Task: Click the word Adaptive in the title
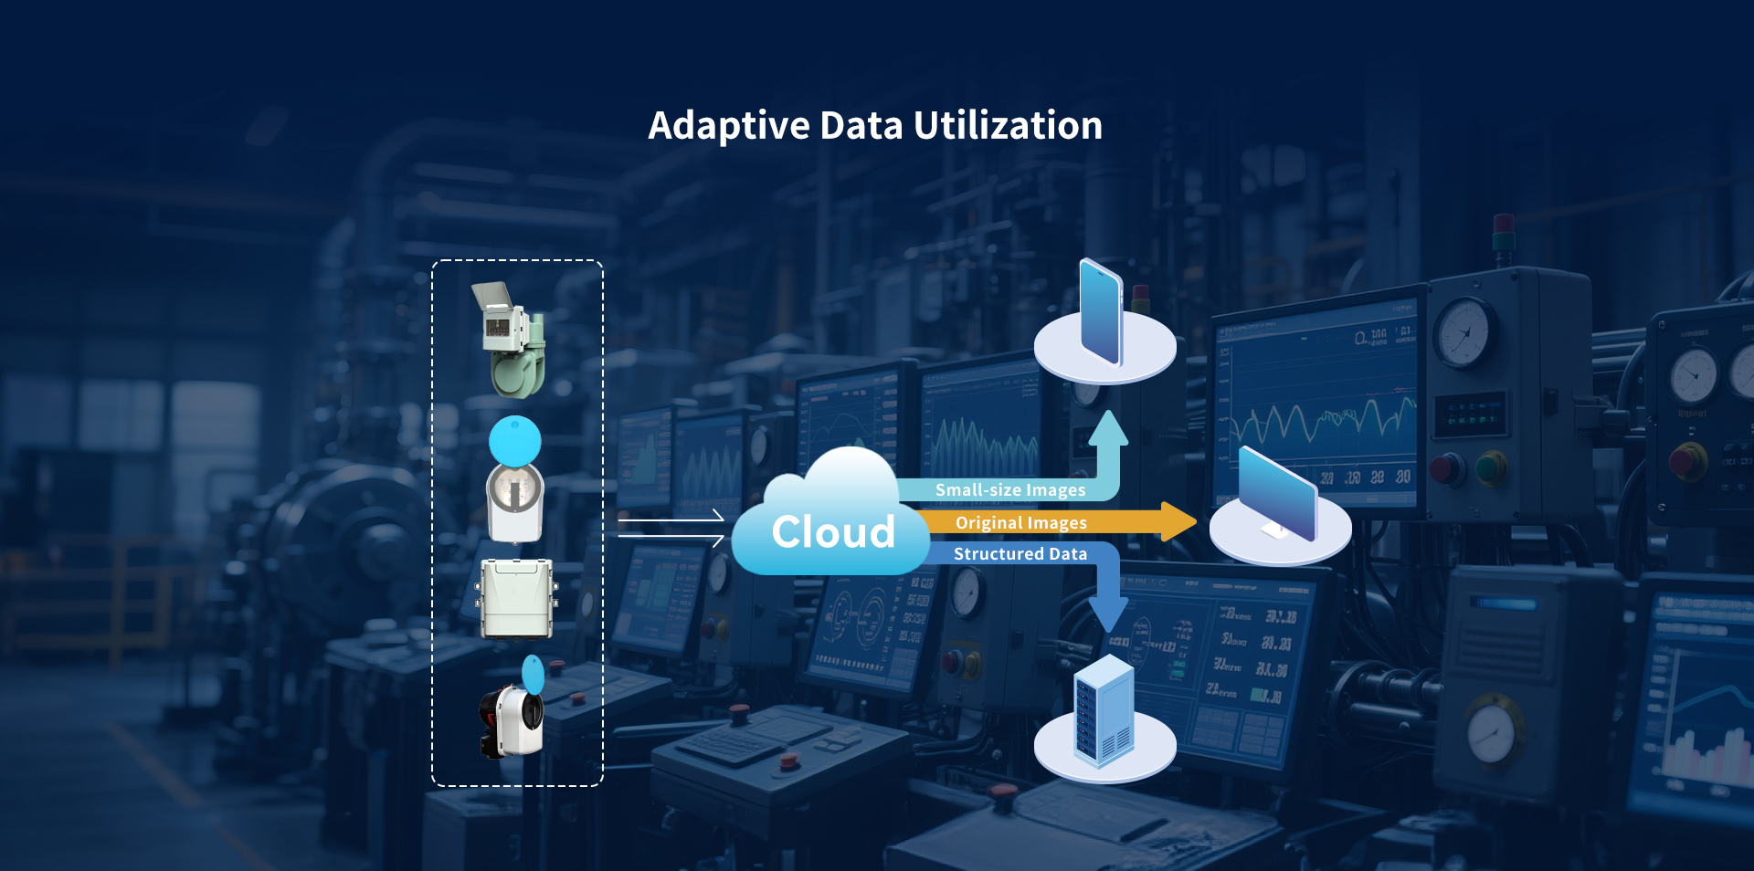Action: click(x=728, y=126)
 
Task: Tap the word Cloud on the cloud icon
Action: click(x=832, y=531)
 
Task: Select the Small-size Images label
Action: click(x=1009, y=490)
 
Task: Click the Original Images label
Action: click(x=1020, y=523)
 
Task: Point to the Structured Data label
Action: click(x=1020, y=554)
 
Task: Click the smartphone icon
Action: click(x=1100, y=312)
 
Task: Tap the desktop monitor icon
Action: click(x=1278, y=494)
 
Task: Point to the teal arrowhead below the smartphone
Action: click(x=1108, y=428)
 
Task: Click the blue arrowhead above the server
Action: click(x=1108, y=614)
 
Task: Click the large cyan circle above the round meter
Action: click(x=515, y=441)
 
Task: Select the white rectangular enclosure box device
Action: click(x=516, y=598)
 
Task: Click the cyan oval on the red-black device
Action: click(x=533, y=675)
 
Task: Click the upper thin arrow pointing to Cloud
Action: click(x=671, y=518)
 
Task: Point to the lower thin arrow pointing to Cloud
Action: click(x=671, y=537)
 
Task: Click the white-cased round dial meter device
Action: click(x=515, y=503)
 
